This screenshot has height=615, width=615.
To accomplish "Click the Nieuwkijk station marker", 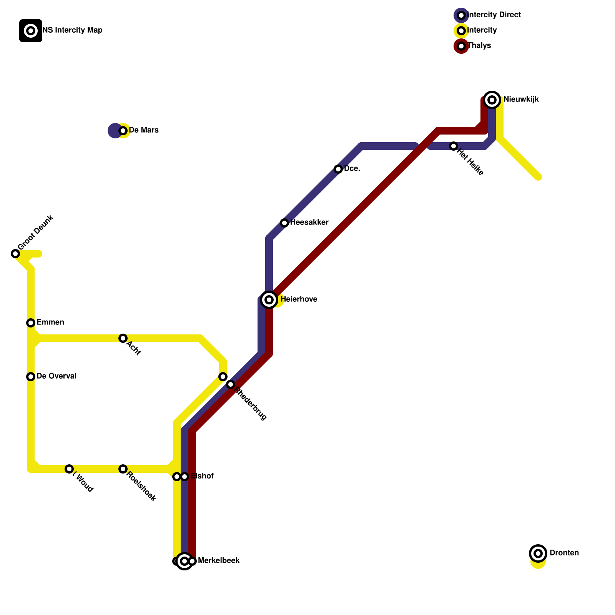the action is (492, 100).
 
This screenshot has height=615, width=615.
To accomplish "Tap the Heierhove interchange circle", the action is (269, 300).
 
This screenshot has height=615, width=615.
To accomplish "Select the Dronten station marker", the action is (538, 553).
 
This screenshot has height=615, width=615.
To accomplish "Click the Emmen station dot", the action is (31, 323).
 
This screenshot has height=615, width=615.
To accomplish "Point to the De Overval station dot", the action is (31, 377).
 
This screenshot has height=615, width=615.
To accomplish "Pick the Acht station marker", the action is (123, 338).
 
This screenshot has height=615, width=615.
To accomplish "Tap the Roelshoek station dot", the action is (123, 469).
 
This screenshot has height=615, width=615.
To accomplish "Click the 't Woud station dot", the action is (69, 469).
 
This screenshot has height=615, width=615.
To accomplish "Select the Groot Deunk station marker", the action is (15, 254).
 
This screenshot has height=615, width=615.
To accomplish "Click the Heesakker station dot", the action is (284, 223).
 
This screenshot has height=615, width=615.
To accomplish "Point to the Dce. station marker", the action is (338, 169).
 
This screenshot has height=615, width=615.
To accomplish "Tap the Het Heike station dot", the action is (454, 146).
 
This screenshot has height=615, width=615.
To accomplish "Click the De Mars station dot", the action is (123, 131).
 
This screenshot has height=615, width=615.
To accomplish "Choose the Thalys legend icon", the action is (461, 46).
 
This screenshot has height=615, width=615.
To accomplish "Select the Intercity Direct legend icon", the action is (461, 15).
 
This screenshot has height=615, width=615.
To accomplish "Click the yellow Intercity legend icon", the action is (461, 31).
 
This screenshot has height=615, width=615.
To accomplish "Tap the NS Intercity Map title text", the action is (72, 30).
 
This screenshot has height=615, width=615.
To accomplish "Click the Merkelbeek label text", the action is (219, 561).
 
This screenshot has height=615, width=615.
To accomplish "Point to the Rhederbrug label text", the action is (251, 404).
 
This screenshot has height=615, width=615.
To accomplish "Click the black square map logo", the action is (31, 31).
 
